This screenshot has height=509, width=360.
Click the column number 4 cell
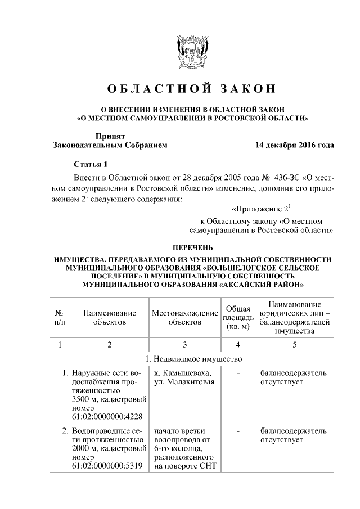[x=238, y=344]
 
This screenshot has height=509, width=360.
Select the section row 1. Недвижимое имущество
[x=193, y=359]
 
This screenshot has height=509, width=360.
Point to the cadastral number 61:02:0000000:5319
[x=107, y=466]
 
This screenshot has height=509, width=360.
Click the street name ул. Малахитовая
[x=183, y=382]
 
